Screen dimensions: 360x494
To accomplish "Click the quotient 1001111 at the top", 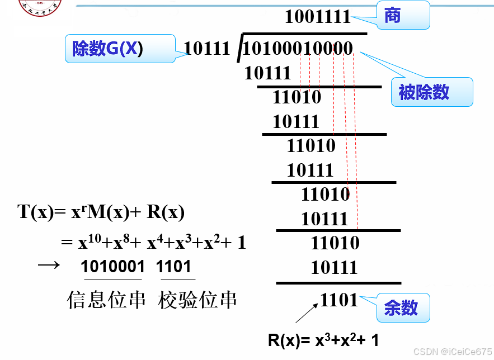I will click(x=317, y=16).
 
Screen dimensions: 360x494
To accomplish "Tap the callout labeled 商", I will click(x=402, y=16).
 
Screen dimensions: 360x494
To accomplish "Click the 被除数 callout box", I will click(x=431, y=92).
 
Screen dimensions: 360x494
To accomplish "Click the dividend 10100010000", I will click(x=298, y=49).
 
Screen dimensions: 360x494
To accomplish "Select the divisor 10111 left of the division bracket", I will click(x=207, y=49).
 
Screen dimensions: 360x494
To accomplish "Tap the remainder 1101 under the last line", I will click(x=338, y=300).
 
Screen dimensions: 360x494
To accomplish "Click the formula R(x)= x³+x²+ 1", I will click(x=323, y=340).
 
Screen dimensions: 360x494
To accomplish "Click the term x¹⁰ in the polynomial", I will click(x=90, y=242).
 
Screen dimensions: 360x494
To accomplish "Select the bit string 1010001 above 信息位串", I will click(x=112, y=267).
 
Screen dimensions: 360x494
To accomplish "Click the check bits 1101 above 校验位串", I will click(x=174, y=267).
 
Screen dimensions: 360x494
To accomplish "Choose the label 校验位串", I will click(x=197, y=300).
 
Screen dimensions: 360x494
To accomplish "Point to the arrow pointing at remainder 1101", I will click(x=307, y=313).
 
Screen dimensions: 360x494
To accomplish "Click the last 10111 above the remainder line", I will click(x=334, y=267).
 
